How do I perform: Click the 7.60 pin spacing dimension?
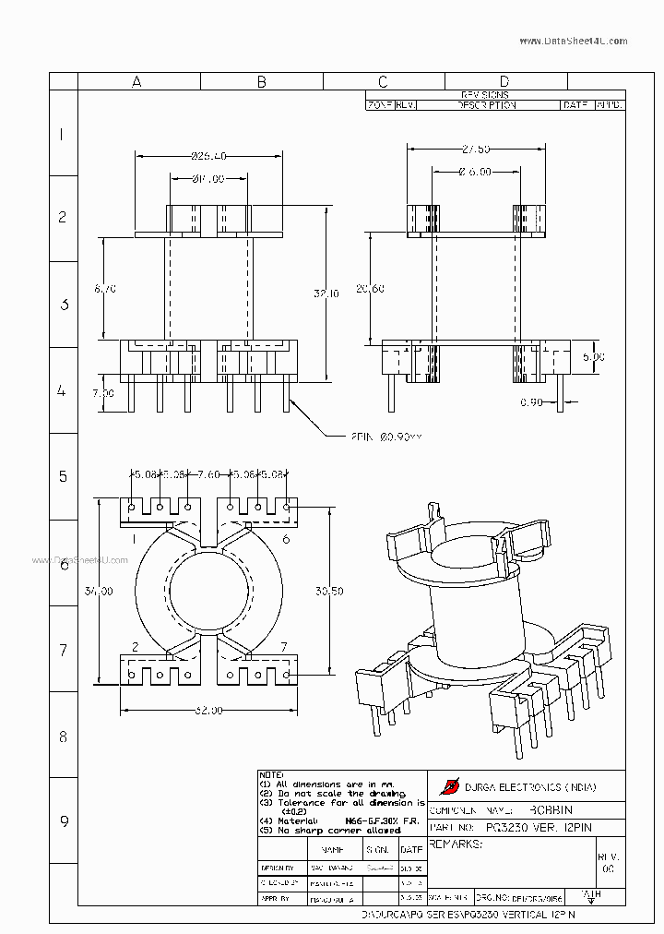209,475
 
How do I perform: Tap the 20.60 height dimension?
369,289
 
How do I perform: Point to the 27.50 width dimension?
476,149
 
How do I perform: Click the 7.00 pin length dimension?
103,393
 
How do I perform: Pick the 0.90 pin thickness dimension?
531,402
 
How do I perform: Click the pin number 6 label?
286,539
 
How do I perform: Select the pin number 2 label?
136,647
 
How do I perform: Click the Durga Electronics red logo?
450,786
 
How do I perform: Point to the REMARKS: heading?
456,844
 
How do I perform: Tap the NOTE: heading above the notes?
272,774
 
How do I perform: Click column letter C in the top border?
383,82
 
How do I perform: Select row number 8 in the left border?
63,736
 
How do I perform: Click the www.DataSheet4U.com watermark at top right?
573,42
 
